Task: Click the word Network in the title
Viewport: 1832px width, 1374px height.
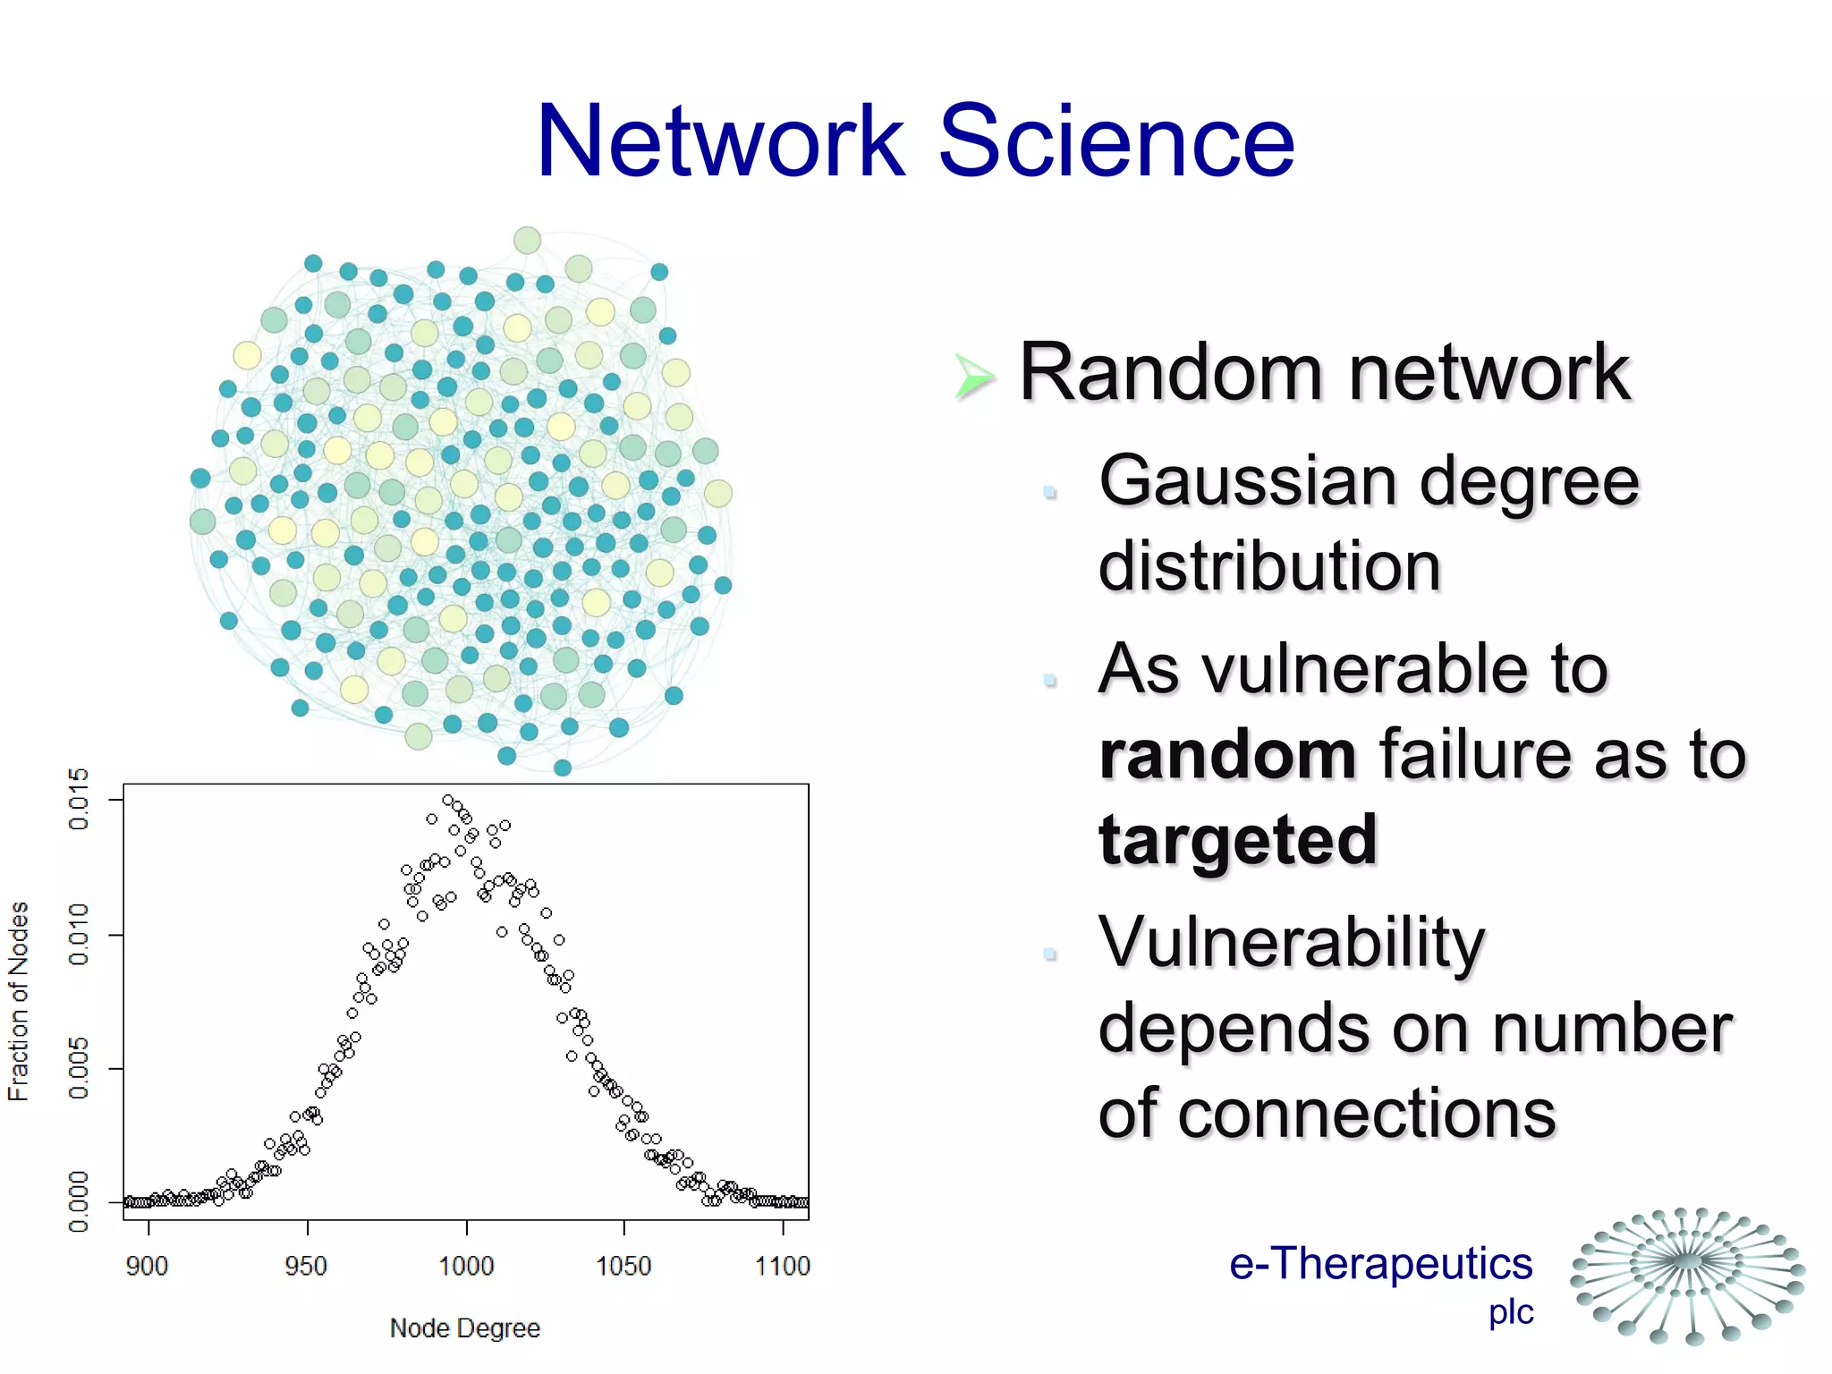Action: pos(721,141)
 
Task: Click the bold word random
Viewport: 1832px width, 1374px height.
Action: pos(1227,754)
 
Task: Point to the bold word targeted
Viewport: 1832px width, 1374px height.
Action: pos(1238,840)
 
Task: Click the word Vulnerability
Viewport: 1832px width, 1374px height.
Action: pos(1292,943)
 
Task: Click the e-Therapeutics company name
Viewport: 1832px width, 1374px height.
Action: pos(1380,1263)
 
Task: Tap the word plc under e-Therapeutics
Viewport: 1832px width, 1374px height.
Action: pos(1511,1312)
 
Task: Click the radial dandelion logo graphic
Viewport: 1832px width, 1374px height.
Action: pos(1687,1275)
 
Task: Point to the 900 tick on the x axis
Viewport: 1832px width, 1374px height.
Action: pos(147,1266)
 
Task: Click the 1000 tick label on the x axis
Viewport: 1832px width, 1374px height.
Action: pos(466,1266)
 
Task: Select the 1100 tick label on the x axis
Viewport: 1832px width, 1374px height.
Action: pos(782,1266)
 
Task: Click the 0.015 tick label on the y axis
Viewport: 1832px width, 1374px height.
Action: pos(79,798)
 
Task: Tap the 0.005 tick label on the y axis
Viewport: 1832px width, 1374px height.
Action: pos(79,1068)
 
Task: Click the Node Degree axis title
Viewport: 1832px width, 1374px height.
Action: pos(464,1328)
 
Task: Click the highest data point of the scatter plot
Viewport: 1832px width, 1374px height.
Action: pos(447,800)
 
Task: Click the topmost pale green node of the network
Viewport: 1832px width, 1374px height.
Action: pos(527,240)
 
